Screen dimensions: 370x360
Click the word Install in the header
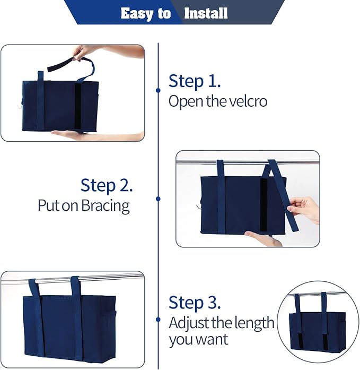[206, 13]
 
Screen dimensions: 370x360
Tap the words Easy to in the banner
[145, 13]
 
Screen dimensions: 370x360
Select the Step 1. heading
[194, 81]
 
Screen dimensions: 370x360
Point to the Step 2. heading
[107, 185]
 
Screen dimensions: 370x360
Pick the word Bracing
[106, 205]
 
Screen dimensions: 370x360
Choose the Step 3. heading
[194, 303]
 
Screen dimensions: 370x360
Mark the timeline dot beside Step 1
[158, 90]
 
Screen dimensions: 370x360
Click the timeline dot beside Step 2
[158, 199]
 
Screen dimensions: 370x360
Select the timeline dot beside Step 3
[158, 320]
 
